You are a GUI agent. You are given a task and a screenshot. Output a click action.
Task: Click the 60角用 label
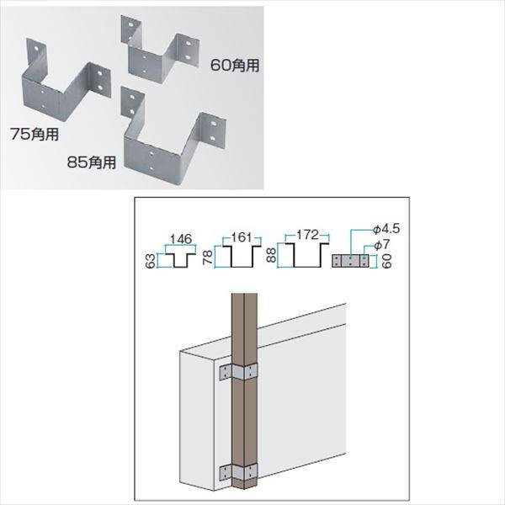(x=235, y=66)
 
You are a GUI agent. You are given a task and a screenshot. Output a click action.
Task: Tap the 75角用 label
(x=35, y=134)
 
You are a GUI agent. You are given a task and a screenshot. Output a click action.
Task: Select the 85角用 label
(x=92, y=162)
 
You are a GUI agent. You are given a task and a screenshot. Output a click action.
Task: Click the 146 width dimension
(x=181, y=239)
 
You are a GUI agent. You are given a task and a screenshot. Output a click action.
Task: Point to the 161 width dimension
(x=242, y=237)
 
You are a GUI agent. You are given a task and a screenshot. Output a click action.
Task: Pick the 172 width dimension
(x=307, y=235)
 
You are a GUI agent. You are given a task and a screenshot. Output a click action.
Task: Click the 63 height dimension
(x=151, y=261)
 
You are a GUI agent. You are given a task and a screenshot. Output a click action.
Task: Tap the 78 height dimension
(x=208, y=257)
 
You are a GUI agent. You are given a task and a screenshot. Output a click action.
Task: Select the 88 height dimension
(x=272, y=255)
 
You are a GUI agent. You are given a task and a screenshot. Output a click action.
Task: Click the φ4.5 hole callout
(x=386, y=229)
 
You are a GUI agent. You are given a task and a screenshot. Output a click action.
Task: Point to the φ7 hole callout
(x=381, y=245)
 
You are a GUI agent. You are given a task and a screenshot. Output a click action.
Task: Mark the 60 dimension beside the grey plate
(x=386, y=261)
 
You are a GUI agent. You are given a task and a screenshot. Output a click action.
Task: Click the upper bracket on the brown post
(x=239, y=373)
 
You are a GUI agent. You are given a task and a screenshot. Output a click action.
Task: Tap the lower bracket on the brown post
(x=239, y=472)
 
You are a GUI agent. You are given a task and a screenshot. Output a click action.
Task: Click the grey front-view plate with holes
(x=350, y=261)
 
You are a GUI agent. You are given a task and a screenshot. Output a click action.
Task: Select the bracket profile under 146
(x=180, y=260)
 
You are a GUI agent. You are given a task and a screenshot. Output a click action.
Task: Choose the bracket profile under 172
(x=307, y=256)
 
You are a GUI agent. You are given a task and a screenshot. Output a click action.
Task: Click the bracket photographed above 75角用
(x=67, y=80)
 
